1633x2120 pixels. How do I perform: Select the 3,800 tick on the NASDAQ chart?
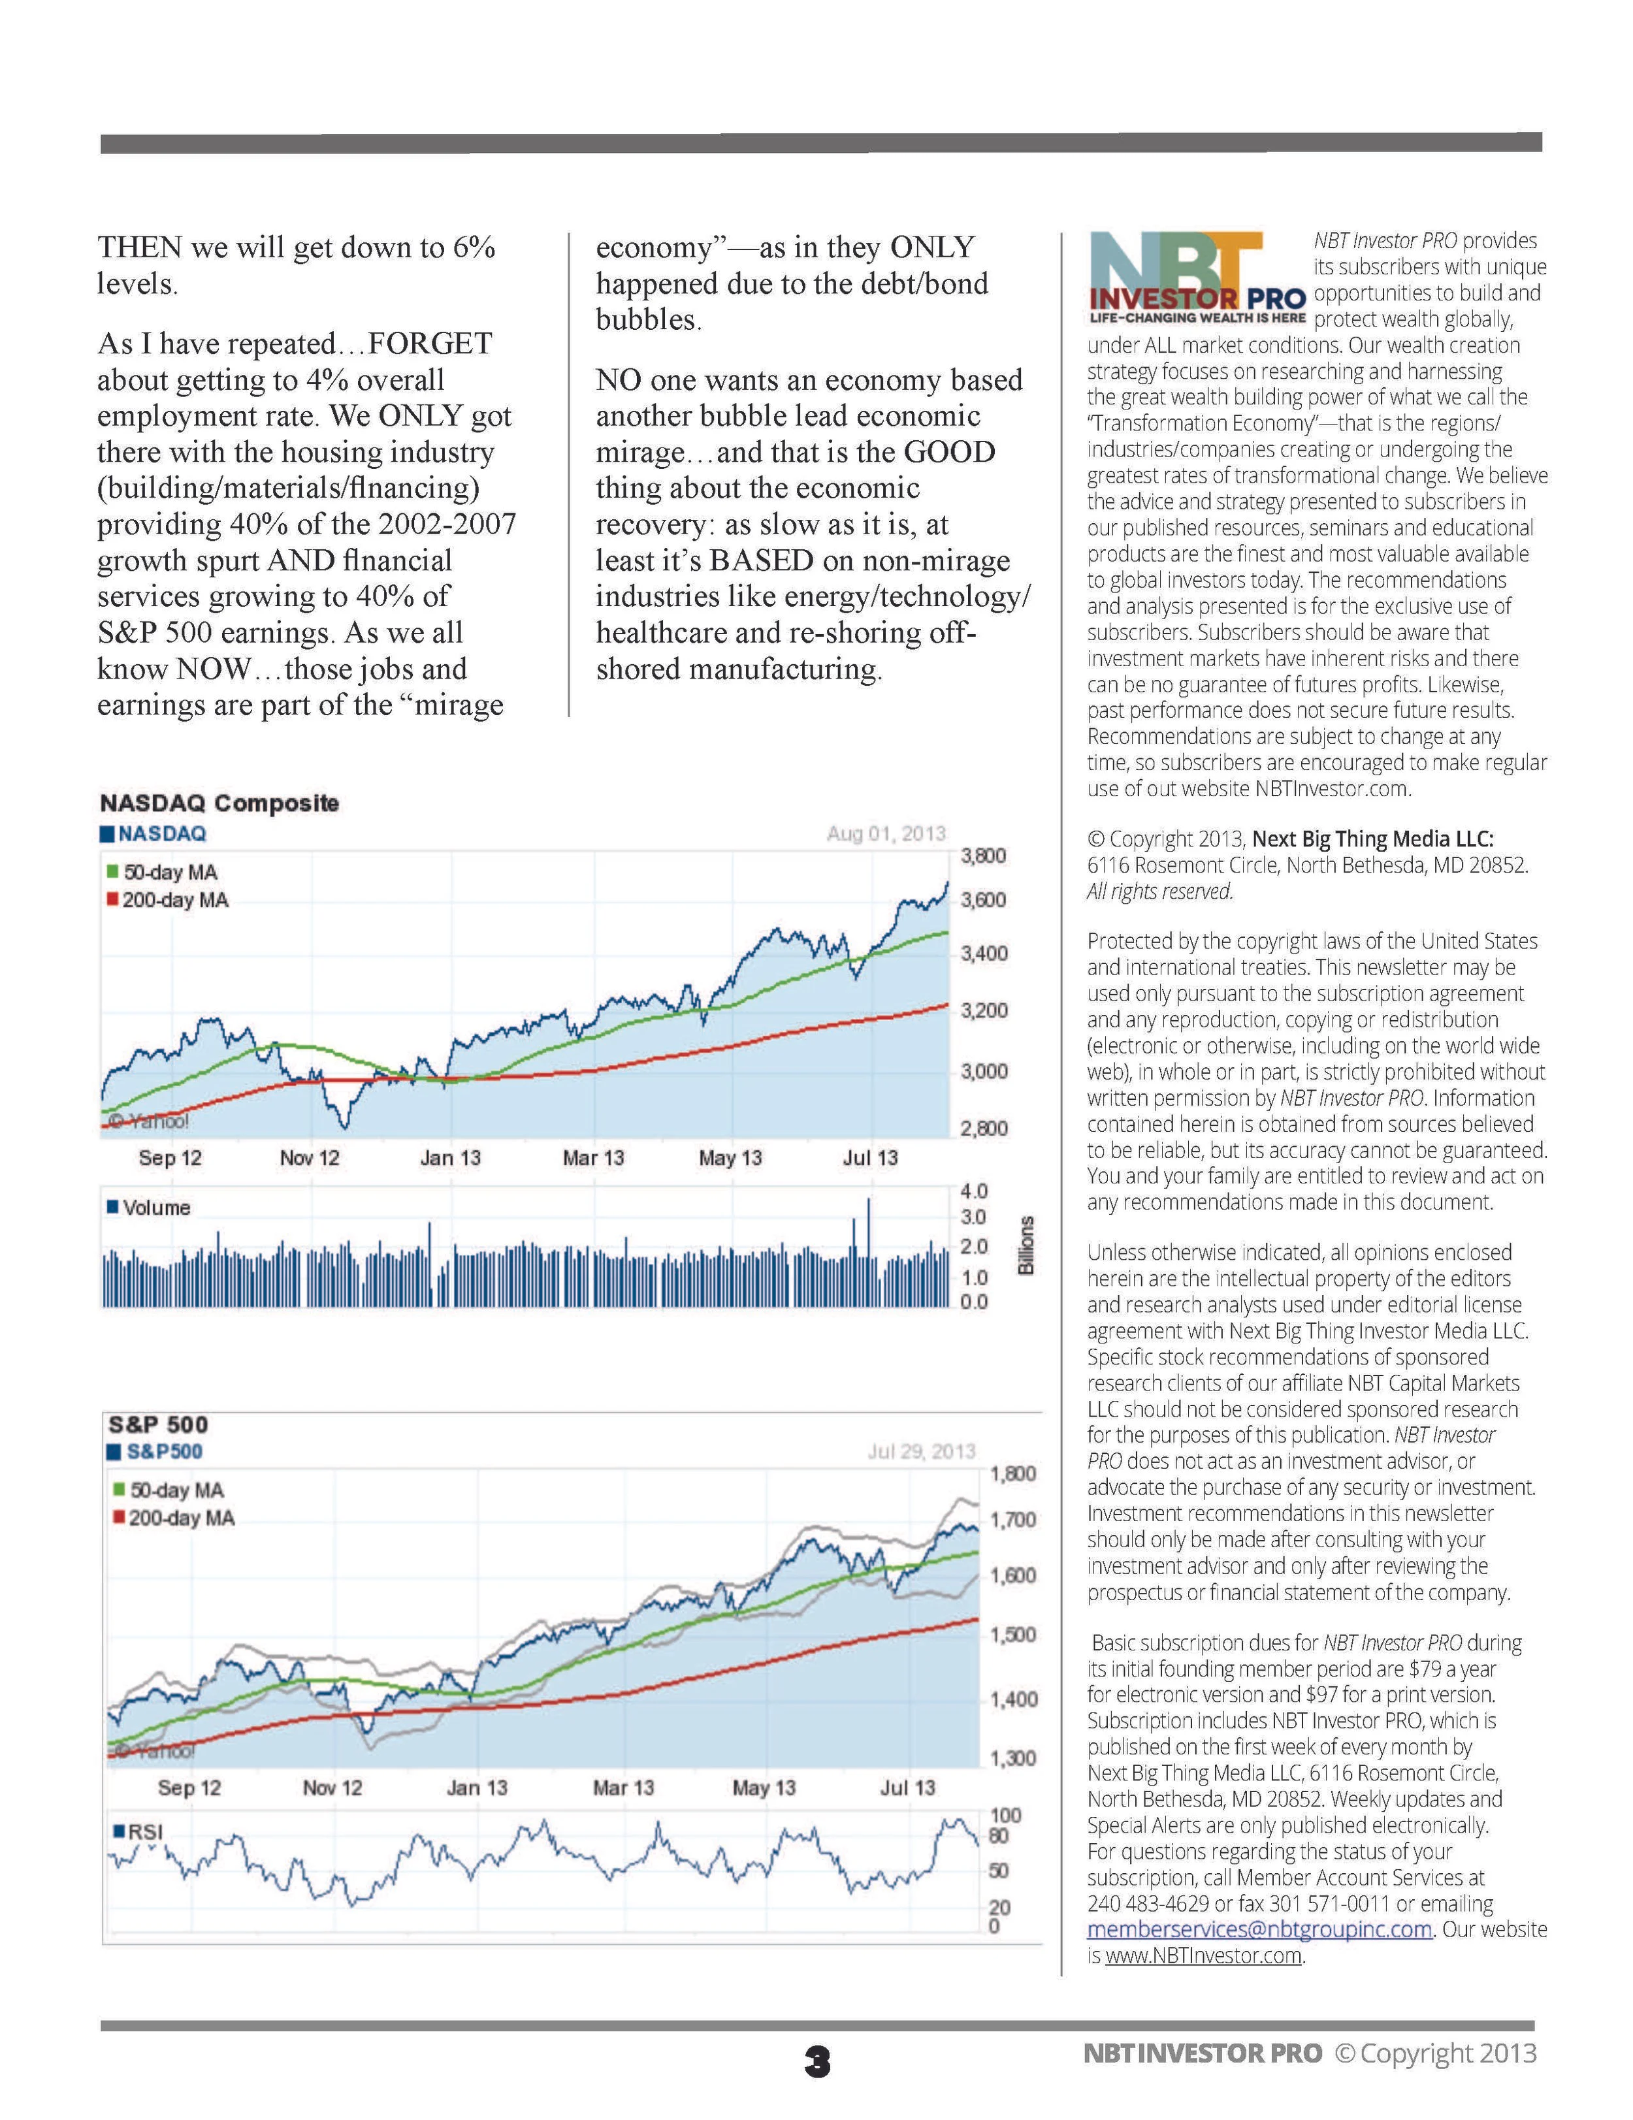coord(982,856)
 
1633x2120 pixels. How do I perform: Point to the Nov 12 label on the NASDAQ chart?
coord(310,1158)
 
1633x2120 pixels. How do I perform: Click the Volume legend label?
coord(155,1208)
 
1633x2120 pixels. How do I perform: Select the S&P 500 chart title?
coord(158,1424)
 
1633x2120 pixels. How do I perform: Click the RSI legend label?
coord(144,1832)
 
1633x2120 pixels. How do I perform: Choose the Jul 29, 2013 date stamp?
coord(920,1451)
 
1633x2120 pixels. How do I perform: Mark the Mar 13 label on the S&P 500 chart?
coord(623,1788)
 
